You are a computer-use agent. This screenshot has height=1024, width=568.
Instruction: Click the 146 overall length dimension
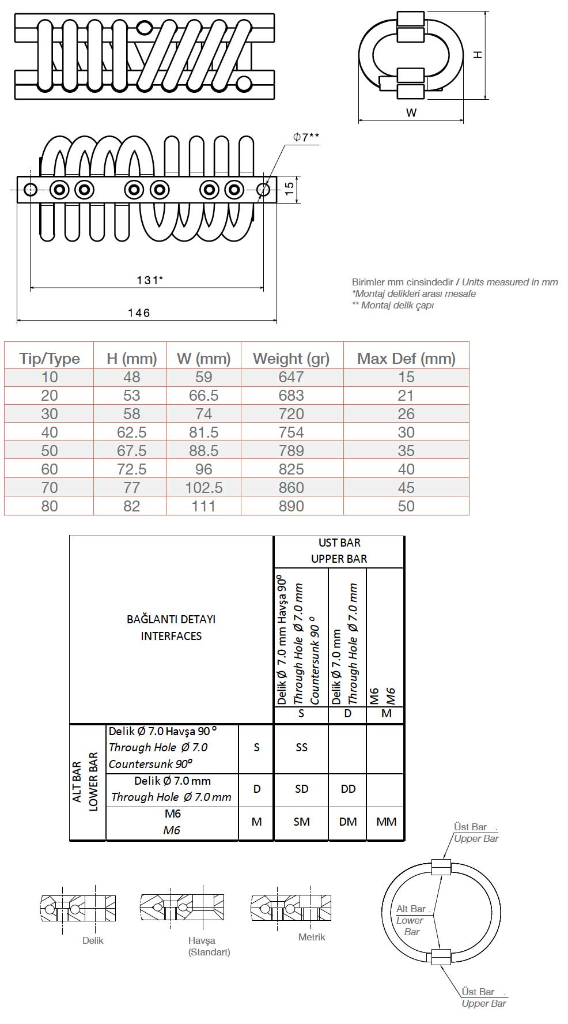coord(139,313)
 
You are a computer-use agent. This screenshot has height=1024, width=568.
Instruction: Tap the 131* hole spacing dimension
coord(149,280)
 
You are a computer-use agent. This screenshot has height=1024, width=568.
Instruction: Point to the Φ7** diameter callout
coord(305,137)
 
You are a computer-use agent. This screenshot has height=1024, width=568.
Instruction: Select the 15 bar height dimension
coord(290,186)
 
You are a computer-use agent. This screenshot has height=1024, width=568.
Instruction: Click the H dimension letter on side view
coord(478,55)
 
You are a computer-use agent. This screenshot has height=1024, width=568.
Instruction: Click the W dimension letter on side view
coord(411,113)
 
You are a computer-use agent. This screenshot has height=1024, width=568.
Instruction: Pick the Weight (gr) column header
coord(291,359)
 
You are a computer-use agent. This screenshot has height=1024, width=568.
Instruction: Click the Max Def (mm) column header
coord(406,359)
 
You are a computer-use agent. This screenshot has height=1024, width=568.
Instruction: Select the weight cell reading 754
coord(291,432)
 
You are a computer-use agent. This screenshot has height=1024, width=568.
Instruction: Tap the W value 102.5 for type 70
coord(204,488)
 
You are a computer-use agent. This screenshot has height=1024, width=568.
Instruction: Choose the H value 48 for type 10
coord(132,377)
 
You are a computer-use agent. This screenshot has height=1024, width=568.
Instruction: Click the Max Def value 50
coord(406,506)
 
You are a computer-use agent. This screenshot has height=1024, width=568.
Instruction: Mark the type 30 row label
coord(50,414)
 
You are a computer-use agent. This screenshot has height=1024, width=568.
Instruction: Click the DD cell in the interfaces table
coord(348,789)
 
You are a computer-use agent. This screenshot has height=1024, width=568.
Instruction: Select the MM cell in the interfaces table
coord(386,822)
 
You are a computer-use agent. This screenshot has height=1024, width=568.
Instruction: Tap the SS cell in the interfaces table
coord(301,747)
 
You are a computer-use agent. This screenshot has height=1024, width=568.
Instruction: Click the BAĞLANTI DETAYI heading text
coord(171,619)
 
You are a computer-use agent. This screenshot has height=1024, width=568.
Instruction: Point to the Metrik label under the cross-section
coord(312,937)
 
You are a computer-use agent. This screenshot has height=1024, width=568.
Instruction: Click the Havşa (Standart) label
coord(209,946)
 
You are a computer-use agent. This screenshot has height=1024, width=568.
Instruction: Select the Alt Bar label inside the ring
coord(411,909)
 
